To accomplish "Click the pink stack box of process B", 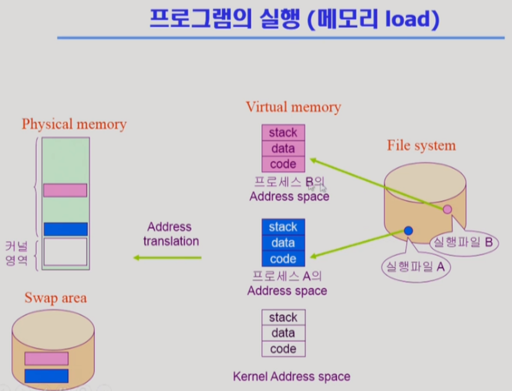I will [283, 132].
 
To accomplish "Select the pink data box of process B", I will [283, 148].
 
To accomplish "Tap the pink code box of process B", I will [283, 163].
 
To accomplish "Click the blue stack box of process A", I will [283, 227].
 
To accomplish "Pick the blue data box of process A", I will [283, 243].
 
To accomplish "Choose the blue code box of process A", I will [283, 259].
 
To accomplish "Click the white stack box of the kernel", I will [283, 317].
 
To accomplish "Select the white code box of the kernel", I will [283, 349].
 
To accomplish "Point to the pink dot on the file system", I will [447, 209].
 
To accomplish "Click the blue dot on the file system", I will [409, 230].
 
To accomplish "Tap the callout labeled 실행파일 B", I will [463, 243].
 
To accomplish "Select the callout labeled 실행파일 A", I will [415, 266].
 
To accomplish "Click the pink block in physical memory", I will [65, 190].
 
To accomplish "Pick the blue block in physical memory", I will [65, 229].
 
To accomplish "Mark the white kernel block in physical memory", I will [65, 252].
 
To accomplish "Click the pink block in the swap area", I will [46, 359].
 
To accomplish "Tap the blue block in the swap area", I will [46, 376].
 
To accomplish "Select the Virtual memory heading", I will [293, 108].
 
